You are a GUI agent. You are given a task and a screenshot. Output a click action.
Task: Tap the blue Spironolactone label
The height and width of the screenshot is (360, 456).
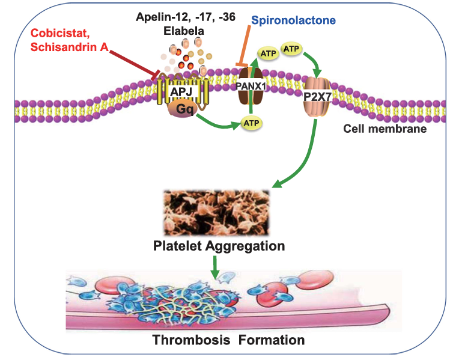pyautogui.click(x=291, y=20)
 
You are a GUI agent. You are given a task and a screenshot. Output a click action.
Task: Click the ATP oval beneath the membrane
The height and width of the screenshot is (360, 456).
pyautogui.click(x=252, y=124)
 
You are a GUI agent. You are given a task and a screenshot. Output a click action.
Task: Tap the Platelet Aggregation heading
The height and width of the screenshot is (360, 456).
pyautogui.click(x=219, y=246)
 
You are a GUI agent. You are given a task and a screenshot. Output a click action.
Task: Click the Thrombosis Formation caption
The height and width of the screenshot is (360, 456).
pyautogui.click(x=228, y=340)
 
